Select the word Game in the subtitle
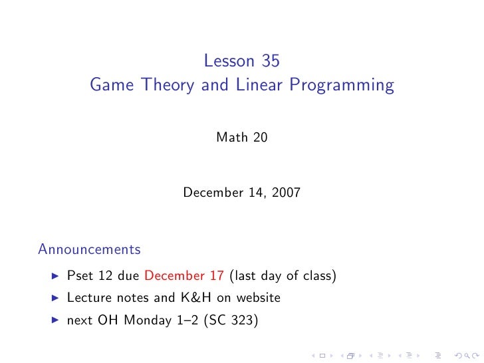point(108,86)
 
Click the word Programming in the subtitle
point(341,86)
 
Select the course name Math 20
point(242,138)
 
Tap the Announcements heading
point(89,249)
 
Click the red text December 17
point(183,276)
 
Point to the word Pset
point(80,276)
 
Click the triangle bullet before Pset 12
point(55,276)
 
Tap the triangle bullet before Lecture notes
point(55,298)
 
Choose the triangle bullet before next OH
point(55,320)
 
